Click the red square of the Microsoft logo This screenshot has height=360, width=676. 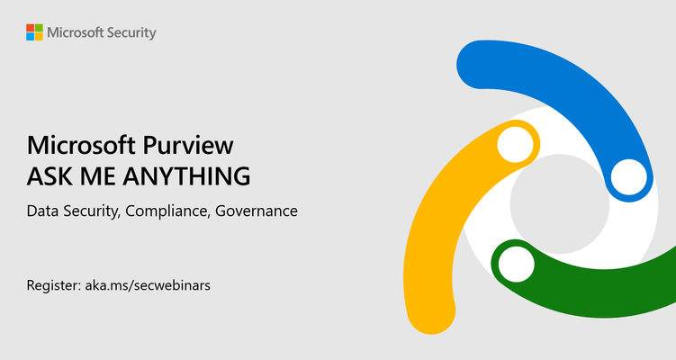pos(31,28)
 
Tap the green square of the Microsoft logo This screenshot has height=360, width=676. pos(39,28)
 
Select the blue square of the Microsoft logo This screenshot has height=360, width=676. pos(31,37)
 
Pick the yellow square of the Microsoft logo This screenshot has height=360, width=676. pos(39,37)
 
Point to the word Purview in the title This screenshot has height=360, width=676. pos(188,146)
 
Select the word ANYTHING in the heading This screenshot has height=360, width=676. pos(186,175)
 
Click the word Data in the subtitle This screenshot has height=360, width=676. pos(42,211)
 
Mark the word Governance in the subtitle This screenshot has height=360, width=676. pos(256,211)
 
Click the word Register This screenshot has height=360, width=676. pos(53,286)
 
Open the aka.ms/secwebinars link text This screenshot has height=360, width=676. pos(148,285)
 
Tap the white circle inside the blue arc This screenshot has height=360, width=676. pos(629,177)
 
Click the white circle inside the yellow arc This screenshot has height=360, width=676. pos(515,144)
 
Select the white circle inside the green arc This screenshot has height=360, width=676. pos(516,265)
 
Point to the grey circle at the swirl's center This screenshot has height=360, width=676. pos(560,204)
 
